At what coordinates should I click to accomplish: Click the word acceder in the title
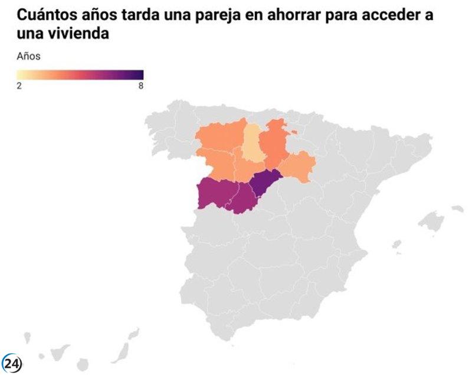click(x=392, y=15)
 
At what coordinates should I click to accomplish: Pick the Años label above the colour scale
click(x=28, y=57)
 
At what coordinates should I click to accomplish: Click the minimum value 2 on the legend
click(x=19, y=85)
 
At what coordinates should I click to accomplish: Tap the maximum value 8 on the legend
click(x=140, y=85)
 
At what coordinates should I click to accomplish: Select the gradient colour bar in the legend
click(x=80, y=74)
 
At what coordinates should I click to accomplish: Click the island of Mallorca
click(x=431, y=222)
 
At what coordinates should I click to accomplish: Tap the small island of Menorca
click(x=457, y=208)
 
